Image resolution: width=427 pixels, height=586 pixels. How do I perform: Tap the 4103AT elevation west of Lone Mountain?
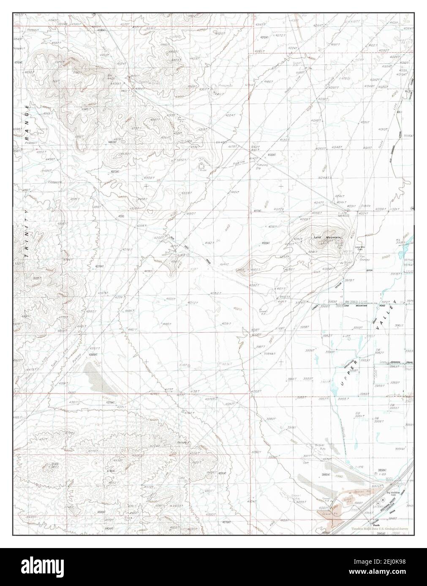click(265, 243)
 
